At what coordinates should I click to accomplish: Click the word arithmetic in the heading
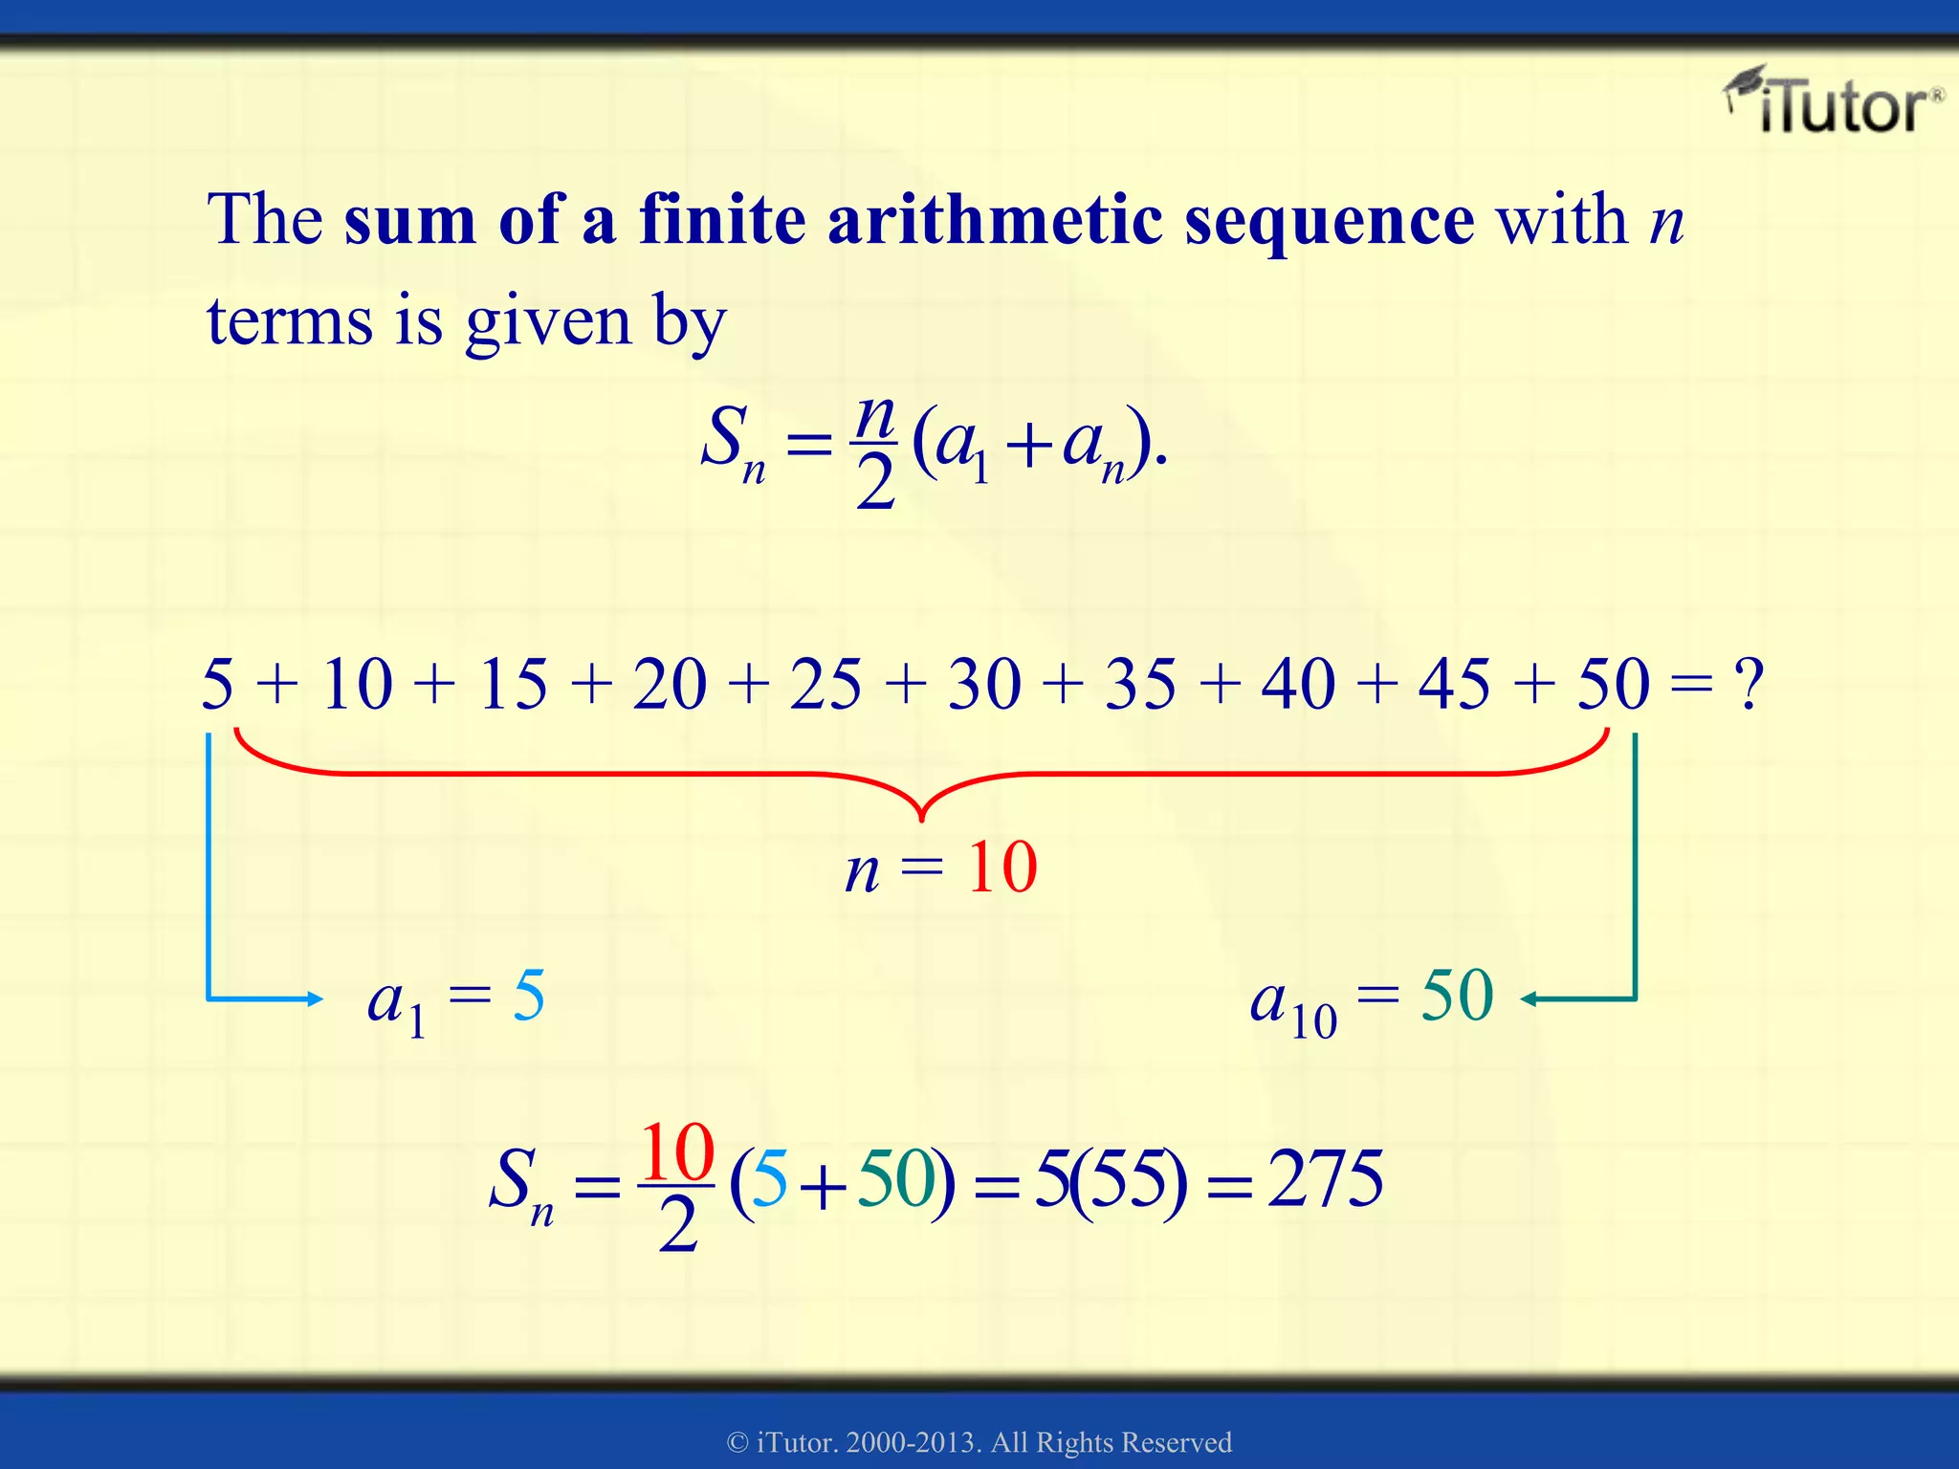(995, 219)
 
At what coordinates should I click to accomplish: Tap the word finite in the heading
(723, 219)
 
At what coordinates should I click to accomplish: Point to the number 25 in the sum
(825, 685)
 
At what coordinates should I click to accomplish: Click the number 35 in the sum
(1140, 685)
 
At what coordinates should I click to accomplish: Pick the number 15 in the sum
(514, 685)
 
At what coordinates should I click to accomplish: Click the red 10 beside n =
(1002, 867)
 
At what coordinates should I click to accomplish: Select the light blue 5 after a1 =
(529, 996)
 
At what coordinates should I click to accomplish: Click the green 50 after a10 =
(1457, 996)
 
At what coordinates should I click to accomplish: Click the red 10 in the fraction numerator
(677, 1152)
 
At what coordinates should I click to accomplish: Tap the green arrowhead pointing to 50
(1530, 999)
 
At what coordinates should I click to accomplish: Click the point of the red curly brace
(921, 819)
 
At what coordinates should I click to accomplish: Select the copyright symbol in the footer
(737, 1442)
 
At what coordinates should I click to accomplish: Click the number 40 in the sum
(1298, 685)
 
